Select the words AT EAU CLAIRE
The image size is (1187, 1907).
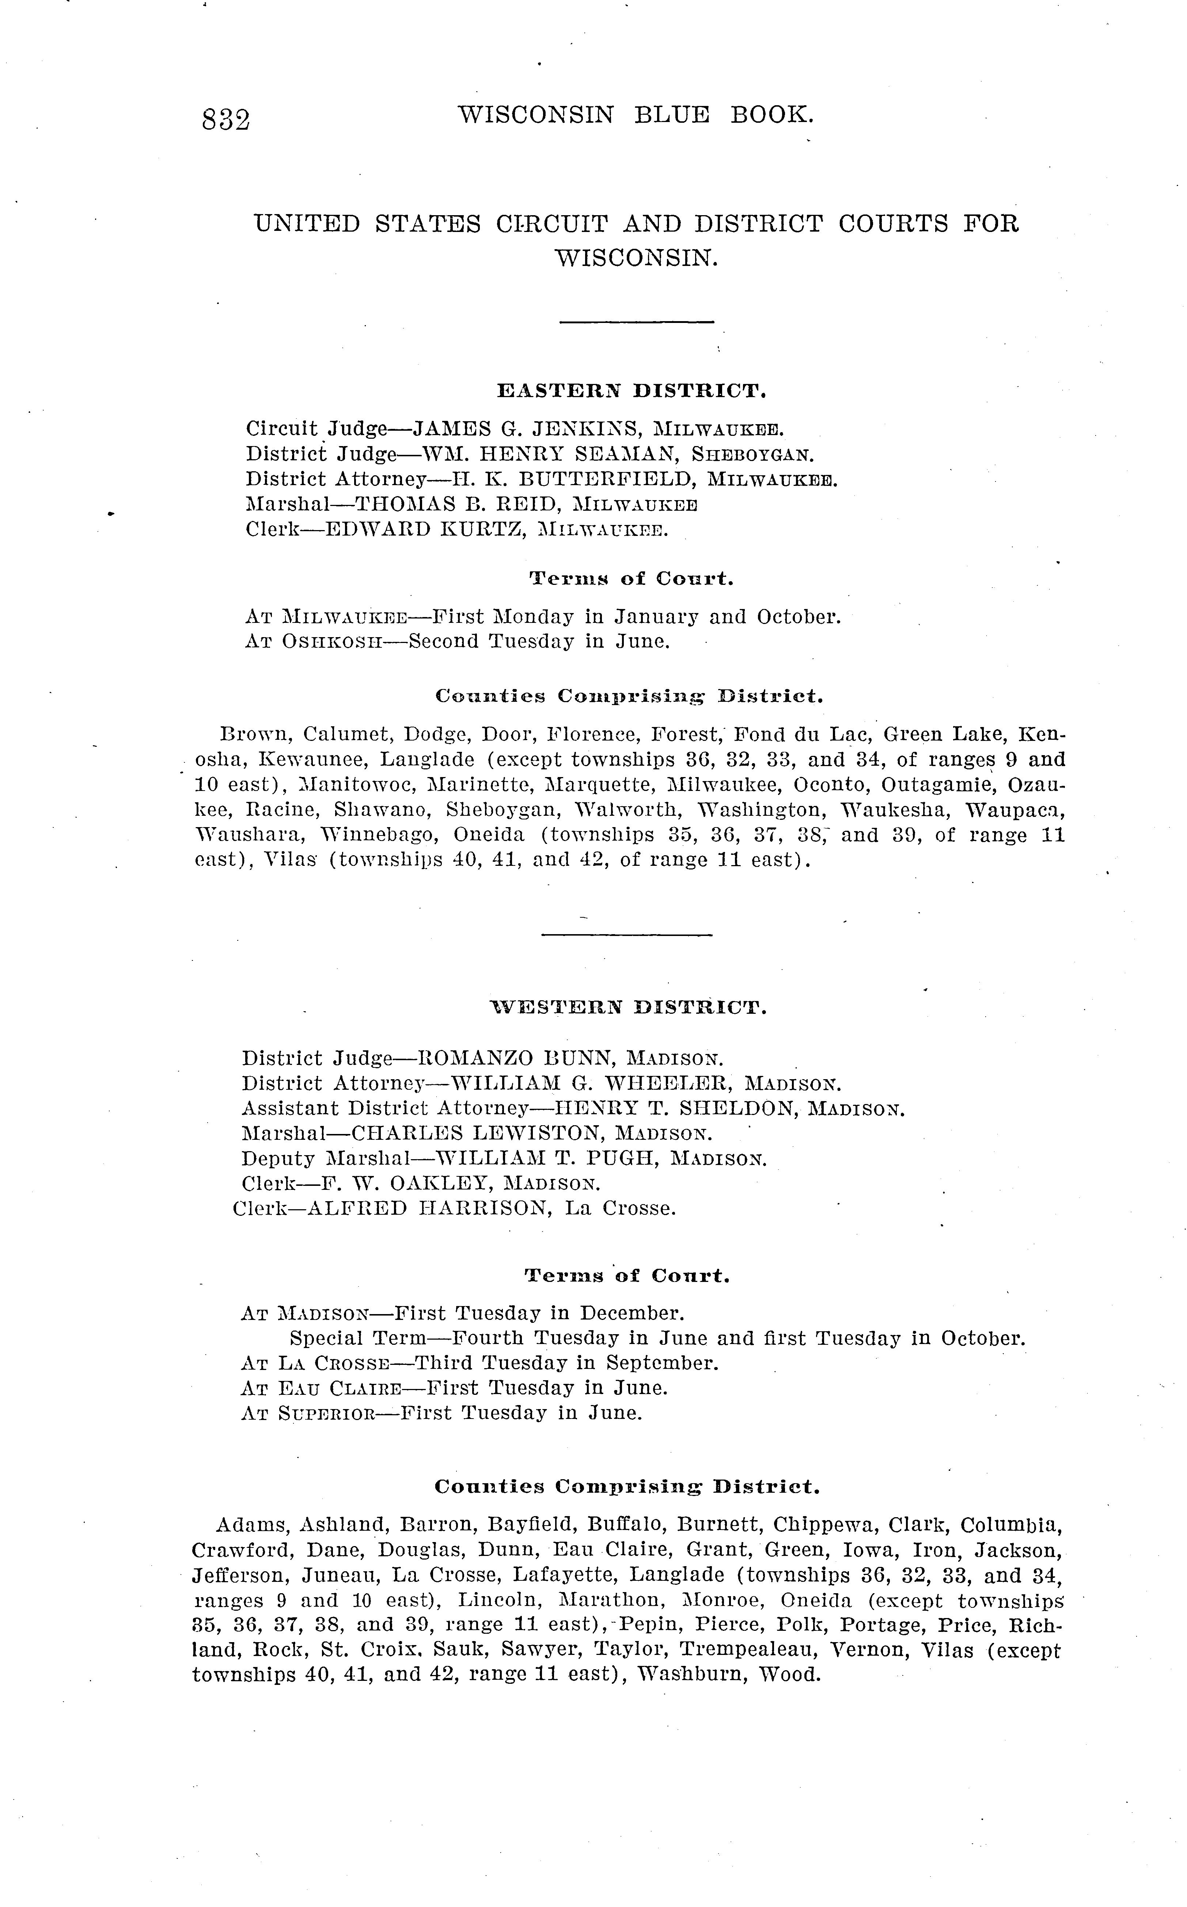pos(322,1388)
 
